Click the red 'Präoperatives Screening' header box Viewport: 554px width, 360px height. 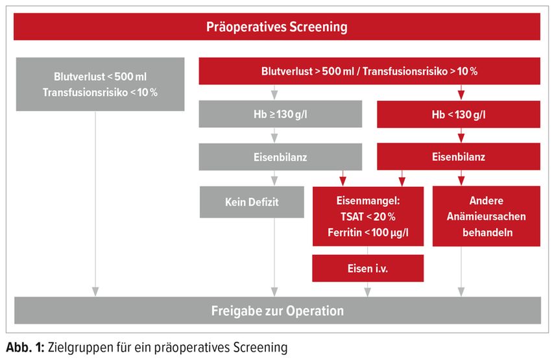pyautogui.click(x=276, y=27)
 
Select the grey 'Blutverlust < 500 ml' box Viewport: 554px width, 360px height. pyautogui.click(x=101, y=84)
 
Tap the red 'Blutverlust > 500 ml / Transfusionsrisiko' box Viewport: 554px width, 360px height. pyautogui.click(x=369, y=71)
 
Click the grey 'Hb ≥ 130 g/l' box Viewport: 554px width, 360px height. pyautogui.click(x=280, y=114)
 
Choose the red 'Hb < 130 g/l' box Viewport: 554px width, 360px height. pyautogui.click(x=459, y=114)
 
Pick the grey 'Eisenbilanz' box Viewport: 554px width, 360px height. pyautogui.click(x=280, y=157)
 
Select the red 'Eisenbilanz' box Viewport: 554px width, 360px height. pyautogui.click(x=459, y=156)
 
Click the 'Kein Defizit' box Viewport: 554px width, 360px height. pyautogui.click(x=252, y=202)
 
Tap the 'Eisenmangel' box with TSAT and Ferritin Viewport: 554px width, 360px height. pyautogui.click(x=368, y=216)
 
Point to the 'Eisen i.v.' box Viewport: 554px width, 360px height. pyautogui.click(x=368, y=268)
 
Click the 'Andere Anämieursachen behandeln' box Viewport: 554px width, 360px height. pyautogui.click(x=487, y=216)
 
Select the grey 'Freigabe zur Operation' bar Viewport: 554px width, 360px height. pyautogui.click(x=278, y=311)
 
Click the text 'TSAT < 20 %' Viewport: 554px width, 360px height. pyautogui.click(x=368, y=217)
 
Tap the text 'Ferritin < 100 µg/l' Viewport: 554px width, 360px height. pyautogui.click(x=368, y=232)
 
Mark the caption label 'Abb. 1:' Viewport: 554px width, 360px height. pyautogui.click(x=25, y=347)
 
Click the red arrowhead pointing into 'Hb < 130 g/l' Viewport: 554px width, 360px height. pyautogui.click(x=461, y=95)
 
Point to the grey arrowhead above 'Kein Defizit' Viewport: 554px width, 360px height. pyautogui.click(x=274, y=181)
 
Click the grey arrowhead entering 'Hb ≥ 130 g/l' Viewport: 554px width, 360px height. pyautogui.click(x=274, y=95)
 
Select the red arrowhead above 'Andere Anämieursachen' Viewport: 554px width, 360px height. pyautogui.click(x=461, y=181)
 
